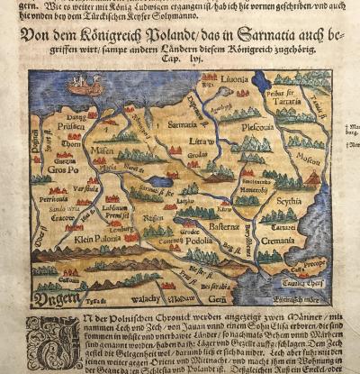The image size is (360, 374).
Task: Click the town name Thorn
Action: [x=75, y=141]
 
